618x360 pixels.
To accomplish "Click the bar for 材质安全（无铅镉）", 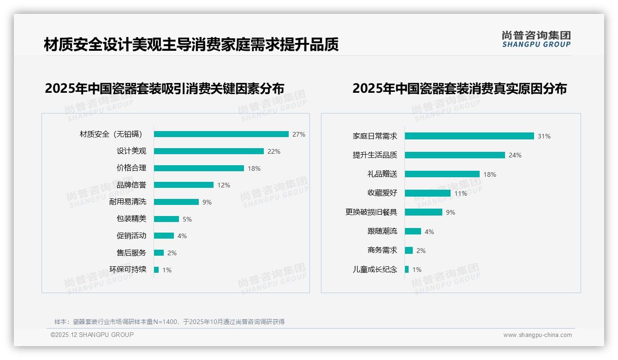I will [x=221, y=134].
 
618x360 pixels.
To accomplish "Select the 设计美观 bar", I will [x=209, y=151].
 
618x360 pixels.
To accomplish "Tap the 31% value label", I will [x=544, y=136].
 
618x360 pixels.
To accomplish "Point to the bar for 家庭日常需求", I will [x=469, y=136].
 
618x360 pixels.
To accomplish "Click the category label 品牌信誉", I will [x=131, y=185].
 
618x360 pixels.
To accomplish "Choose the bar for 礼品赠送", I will [x=442, y=174].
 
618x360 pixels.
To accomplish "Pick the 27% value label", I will [x=299, y=134].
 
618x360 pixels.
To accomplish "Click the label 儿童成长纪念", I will [x=375, y=270].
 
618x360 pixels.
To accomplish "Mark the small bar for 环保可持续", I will [x=156, y=270].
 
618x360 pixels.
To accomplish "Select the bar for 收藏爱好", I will [x=428, y=193].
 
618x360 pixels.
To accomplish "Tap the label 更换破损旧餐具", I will [x=371, y=212].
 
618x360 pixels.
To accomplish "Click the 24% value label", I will [x=515, y=155].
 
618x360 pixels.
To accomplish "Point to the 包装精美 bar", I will [x=166, y=219].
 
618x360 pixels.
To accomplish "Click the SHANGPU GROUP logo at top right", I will [x=536, y=39].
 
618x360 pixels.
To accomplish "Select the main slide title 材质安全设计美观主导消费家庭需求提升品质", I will [x=191, y=45].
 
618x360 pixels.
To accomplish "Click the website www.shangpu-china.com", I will [x=537, y=335].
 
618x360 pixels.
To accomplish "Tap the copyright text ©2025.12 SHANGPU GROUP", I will [x=92, y=335].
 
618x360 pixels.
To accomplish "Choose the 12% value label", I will [x=224, y=185].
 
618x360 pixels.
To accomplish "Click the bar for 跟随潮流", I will [x=413, y=231].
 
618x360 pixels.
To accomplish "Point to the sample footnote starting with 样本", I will [x=169, y=322].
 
